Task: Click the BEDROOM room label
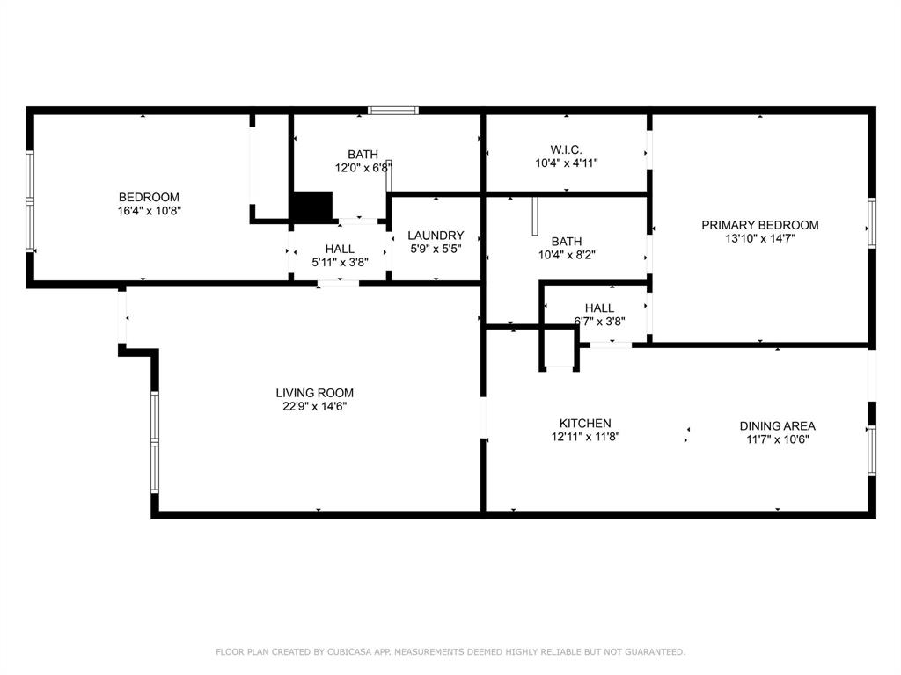[149, 198]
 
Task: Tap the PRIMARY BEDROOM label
[759, 225]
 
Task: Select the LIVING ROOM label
[314, 393]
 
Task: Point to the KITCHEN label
[585, 424]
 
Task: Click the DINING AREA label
[777, 426]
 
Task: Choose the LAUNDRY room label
[436, 236]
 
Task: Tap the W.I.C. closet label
[566, 149]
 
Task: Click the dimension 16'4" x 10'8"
[150, 211]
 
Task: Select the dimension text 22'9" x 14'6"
[314, 406]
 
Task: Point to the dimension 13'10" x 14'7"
[759, 239]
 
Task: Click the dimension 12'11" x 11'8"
[585, 437]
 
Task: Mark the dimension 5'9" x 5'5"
[436, 249]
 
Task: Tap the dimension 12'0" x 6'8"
[363, 168]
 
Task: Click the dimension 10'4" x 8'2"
[566, 255]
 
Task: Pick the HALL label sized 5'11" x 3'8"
[340, 249]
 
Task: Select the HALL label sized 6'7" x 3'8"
[599, 308]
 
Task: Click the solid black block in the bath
[313, 205]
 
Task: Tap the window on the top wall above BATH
[393, 111]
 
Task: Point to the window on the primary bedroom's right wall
[872, 222]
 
